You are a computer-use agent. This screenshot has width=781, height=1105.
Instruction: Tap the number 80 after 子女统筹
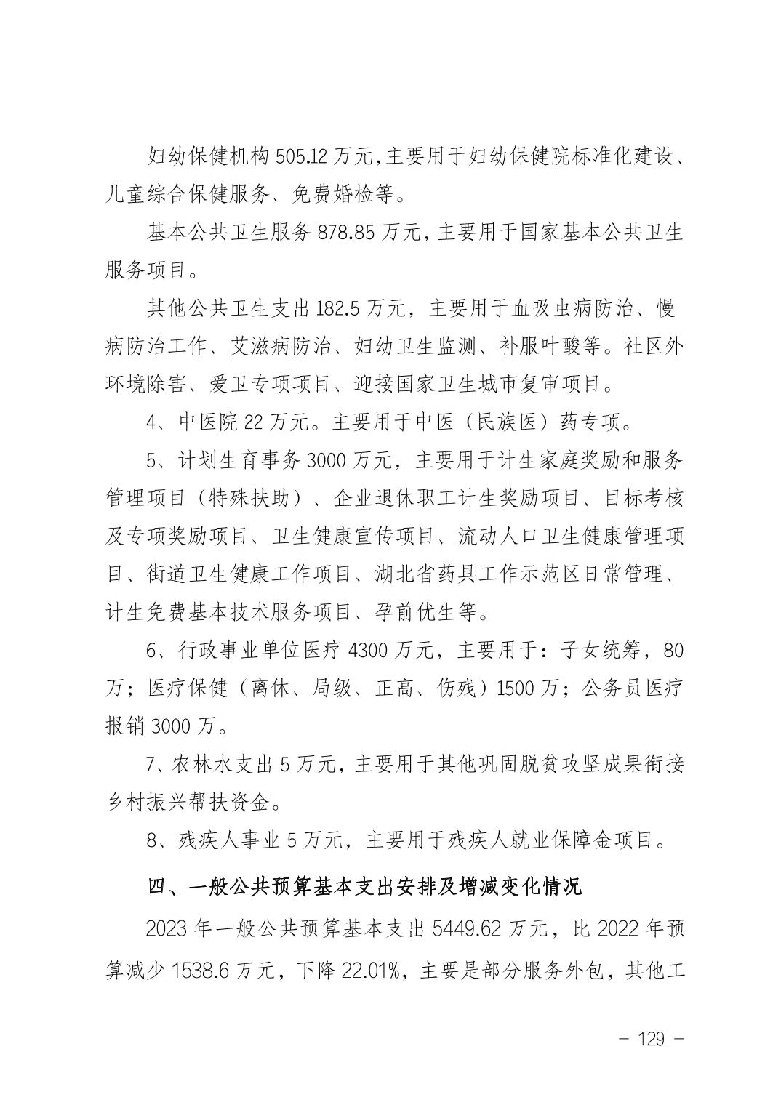coord(673,650)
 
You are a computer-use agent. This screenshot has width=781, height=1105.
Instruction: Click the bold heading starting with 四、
coord(364,887)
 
